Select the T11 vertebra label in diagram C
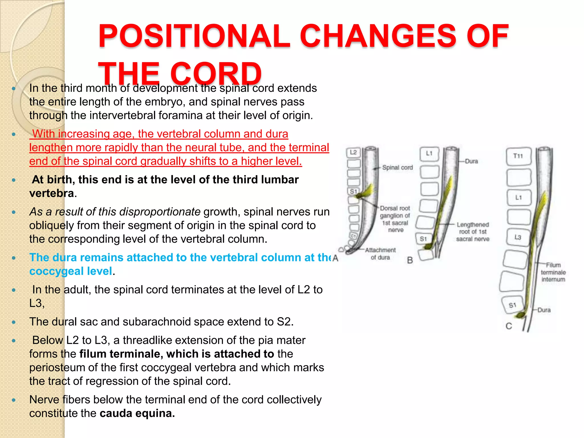(x=518, y=156)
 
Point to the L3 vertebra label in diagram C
(x=518, y=237)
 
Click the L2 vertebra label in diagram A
(x=353, y=152)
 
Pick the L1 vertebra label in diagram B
(x=429, y=153)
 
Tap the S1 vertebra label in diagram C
(x=512, y=305)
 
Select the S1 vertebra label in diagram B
(x=423, y=239)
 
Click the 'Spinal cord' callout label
(x=397, y=168)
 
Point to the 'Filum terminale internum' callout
(x=553, y=272)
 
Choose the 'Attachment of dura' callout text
(x=380, y=254)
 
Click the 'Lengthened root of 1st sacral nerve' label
(x=473, y=232)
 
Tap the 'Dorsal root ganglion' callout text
(x=395, y=219)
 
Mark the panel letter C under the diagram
(x=509, y=326)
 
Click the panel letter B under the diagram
(x=410, y=260)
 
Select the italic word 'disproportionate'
(x=160, y=212)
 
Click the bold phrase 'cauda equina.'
(x=137, y=413)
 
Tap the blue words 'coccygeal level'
(x=71, y=271)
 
